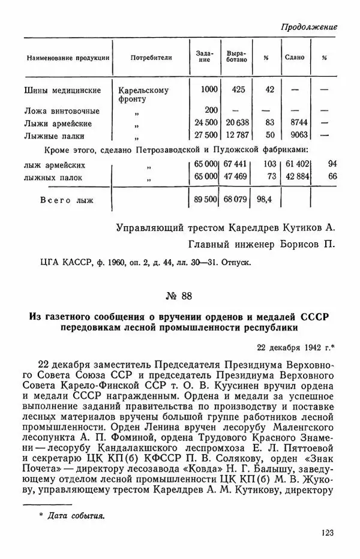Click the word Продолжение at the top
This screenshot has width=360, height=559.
tap(308, 27)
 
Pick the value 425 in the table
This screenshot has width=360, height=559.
tap(238, 90)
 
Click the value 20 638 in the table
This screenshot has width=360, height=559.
tap(238, 124)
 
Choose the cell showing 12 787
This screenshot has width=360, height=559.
tap(238, 136)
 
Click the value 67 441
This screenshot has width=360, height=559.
tap(238, 165)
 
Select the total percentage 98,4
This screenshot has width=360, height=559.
tap(265, 199)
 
